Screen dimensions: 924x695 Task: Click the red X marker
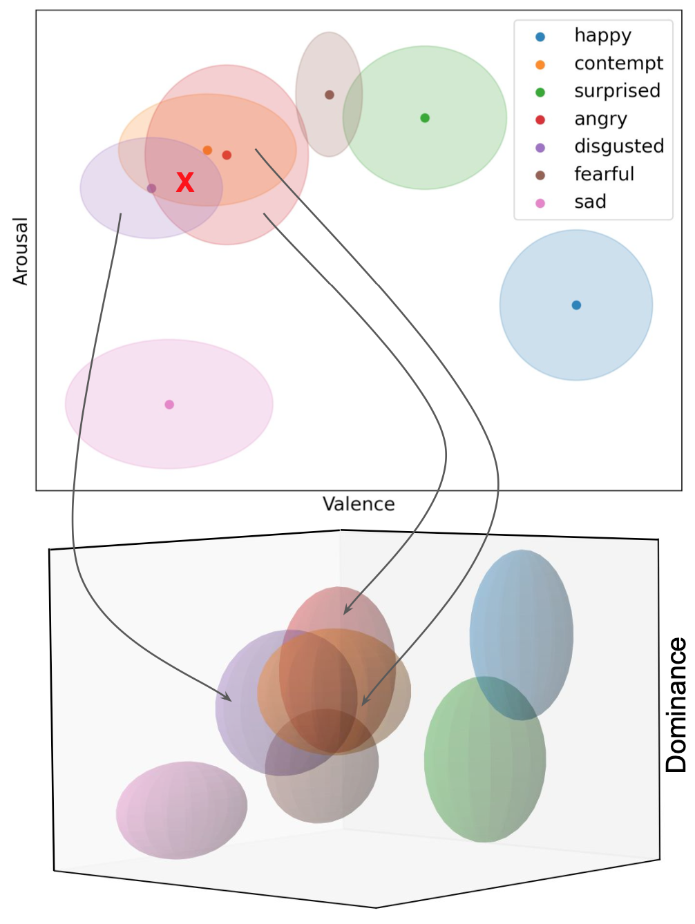(x=185, y=182)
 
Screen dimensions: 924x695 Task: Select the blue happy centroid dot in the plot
(x=576, y=305)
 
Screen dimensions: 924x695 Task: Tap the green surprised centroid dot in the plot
(x=425, y=118)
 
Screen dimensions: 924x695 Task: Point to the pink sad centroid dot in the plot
(x=169, y=405)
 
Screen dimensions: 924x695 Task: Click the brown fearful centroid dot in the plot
(x=330, y=95)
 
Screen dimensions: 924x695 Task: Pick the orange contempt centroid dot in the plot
(x=207, y=151)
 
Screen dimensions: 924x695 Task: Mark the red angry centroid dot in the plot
(x=227, y=155)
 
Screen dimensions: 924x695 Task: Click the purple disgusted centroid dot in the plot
(x=151, y=189)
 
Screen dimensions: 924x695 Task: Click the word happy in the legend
(x=602, y=36)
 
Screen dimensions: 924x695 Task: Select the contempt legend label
(x=618, y=64)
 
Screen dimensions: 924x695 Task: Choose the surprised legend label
(x=617, y=91)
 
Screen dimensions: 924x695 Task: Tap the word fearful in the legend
(x=604, y=174)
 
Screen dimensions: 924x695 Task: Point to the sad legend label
(x=590, y=202)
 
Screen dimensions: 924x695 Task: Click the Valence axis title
(x=359, y=504)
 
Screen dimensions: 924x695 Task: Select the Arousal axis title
(x=21, y=251)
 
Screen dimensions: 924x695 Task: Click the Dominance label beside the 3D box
(x=676, y=704)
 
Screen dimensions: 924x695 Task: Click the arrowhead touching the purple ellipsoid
(x=228, y=700)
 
